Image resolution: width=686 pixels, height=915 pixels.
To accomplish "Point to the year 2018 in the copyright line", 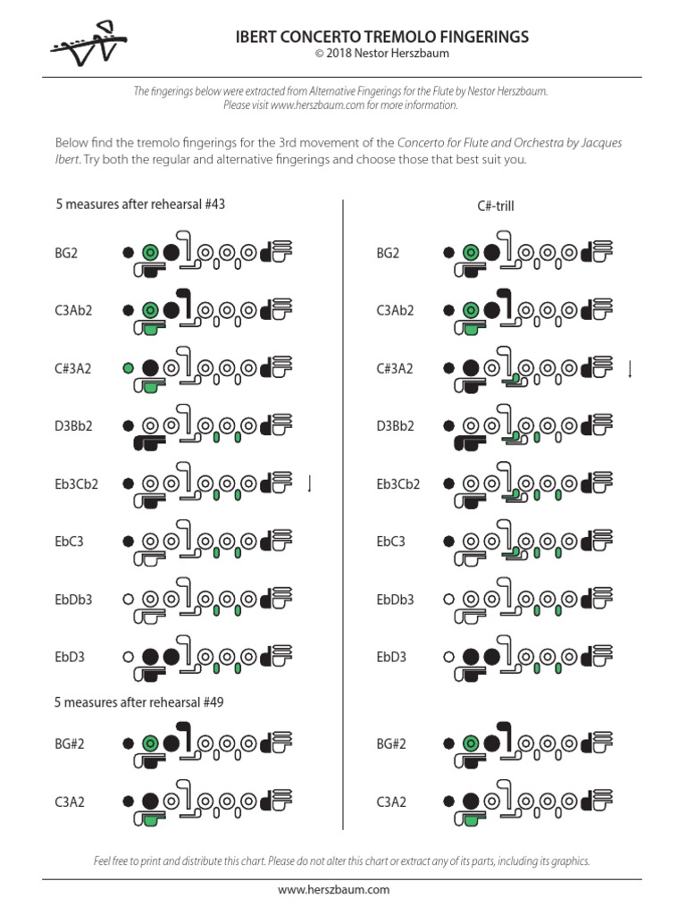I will click(340, 54).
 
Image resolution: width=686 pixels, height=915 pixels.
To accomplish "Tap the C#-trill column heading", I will click(496, 206).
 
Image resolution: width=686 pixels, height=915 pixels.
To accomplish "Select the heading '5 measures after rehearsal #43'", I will click(140, 204).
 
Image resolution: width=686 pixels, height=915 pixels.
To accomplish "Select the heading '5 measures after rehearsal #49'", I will click(139, 702).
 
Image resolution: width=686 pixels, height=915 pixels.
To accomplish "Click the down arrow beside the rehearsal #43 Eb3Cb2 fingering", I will click(310, 484).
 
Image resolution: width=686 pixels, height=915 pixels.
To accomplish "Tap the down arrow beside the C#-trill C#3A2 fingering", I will click(631, 368).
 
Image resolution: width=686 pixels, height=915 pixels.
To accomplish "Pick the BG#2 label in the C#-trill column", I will click(391, 743).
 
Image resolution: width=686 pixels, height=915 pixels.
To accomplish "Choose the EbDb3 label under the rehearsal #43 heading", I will click(73, 600).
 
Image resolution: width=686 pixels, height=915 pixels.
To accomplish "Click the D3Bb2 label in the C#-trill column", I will click(396, 426).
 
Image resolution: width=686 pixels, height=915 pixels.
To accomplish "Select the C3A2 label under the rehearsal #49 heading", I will click(70, 802).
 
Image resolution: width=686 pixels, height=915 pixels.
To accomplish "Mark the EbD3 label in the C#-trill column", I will click(391, 657).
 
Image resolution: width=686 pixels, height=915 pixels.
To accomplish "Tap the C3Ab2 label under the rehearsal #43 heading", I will click(73, 311).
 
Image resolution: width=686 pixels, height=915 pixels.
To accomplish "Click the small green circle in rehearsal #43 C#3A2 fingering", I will click(129, 367).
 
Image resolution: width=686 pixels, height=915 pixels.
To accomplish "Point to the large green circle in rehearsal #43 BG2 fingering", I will click(151, 253).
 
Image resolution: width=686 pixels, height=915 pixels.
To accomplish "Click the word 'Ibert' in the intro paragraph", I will click(71, 160).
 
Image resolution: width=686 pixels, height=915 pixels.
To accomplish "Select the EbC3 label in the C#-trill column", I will click(390, 541).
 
